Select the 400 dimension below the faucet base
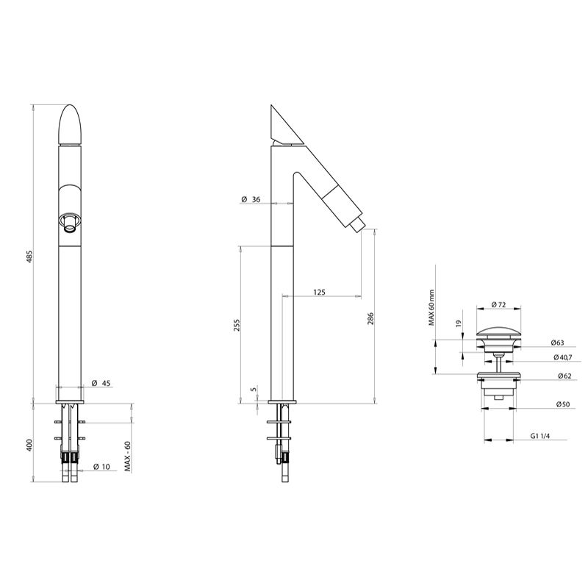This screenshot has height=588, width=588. tap(30, 444)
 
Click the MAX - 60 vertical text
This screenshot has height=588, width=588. tap(128, 456)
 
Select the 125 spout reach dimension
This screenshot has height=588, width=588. tap(319, 292)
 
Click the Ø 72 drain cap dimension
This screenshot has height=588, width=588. tap(500, 304)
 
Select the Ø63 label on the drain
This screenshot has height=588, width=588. tap(556, 343)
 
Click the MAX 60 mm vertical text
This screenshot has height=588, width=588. tap(433, 306)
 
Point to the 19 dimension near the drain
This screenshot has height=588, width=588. tap(456, 323)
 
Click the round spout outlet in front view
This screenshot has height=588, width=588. tap(70, 223)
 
